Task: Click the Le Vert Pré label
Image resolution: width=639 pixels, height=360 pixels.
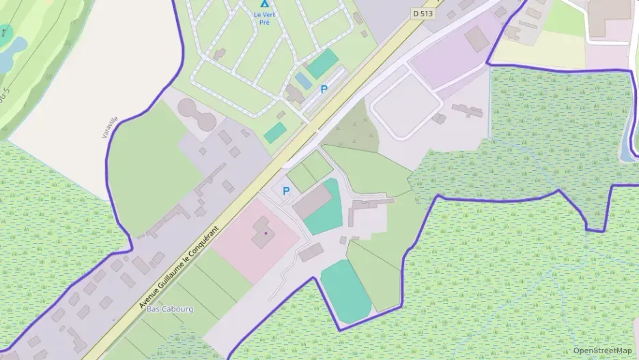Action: [x=261, y=18]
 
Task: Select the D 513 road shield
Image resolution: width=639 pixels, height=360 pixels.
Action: [x=423, y=12]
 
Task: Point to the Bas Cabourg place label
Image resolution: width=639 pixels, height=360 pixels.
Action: [x=170, y=309]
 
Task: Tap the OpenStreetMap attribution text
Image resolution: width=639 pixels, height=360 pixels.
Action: [x=603, y=350]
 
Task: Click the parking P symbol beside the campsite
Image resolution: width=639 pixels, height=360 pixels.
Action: [x=324, y=89]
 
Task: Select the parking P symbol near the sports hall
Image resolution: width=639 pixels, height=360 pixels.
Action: [x=285, y=191]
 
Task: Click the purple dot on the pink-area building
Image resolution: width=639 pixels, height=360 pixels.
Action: [x=265, y=233]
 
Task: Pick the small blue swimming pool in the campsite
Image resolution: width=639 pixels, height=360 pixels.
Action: [x=303, y=81]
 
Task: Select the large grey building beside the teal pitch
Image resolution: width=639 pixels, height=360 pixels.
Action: [x=311, y=202]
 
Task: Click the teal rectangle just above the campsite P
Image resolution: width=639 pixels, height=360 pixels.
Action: [x=322, y=63]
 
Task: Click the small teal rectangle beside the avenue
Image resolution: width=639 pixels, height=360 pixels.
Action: [x=275, y=133]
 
